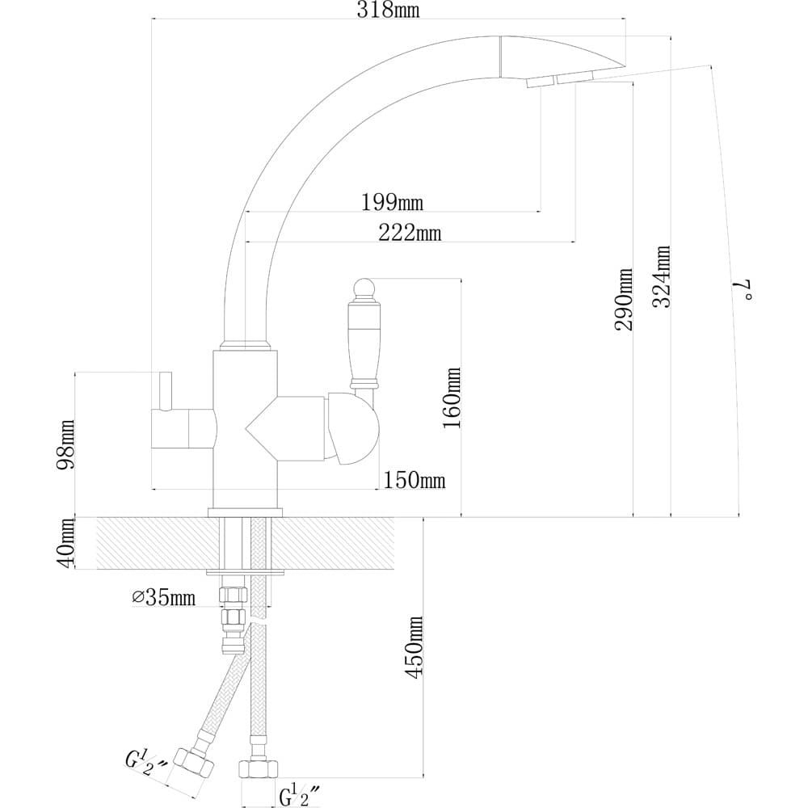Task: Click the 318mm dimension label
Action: coord(388,10)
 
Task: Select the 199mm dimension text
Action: coord(392,202)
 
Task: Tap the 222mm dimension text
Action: coord(410,233)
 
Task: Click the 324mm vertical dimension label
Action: coord(662,276)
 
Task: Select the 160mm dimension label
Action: coord(452,398)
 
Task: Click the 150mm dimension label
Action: coord(415,480)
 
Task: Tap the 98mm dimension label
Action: coord(66,444)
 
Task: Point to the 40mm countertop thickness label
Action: coord(66,544)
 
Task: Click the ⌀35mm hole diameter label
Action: coord(164,597)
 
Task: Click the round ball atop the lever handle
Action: coord(364,288)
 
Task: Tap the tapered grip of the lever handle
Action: coord(365,341)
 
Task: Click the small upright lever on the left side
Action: coord(166,390)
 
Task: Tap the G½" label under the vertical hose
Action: coord(301,796)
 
